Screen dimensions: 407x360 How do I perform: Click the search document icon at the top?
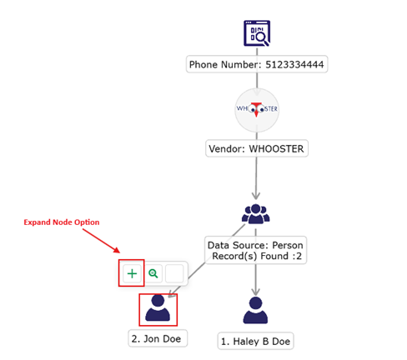(x=257, y=33)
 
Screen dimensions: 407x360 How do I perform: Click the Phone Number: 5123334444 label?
(x=257, y=64)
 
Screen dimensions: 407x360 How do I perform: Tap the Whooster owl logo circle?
(x=257, y=110)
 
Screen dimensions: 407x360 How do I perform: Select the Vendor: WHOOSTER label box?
(x=257, y=148)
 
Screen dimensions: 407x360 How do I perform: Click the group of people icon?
(x=256, y=214)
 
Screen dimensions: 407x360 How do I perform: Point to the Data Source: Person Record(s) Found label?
(x=255, y=250)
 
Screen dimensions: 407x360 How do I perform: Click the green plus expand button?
(x=132, y=273)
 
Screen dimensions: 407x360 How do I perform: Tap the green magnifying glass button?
(x=153, y=273)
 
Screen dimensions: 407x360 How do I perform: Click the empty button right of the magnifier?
(x=174, y=273)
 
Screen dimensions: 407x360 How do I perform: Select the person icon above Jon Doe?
(x=158, y=308)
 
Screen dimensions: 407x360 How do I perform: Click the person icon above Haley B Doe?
(x=255, y=310)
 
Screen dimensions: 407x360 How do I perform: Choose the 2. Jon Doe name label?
(x=158, y=338)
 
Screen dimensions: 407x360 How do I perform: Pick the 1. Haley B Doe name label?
(x=255, y=341)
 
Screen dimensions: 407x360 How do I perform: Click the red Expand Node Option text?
(x=62, y=222)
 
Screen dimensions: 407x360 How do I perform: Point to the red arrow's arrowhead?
(x=117, y=250)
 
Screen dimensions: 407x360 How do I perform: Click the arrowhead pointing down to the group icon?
(x=256, y=195)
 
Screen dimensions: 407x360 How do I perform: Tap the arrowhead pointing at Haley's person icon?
(x=255, y=292)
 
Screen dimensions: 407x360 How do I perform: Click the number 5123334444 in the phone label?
(x=294, y=65)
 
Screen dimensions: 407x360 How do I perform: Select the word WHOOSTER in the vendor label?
(x=276, y=149)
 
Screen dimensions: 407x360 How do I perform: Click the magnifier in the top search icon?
(x=263, y=37)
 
